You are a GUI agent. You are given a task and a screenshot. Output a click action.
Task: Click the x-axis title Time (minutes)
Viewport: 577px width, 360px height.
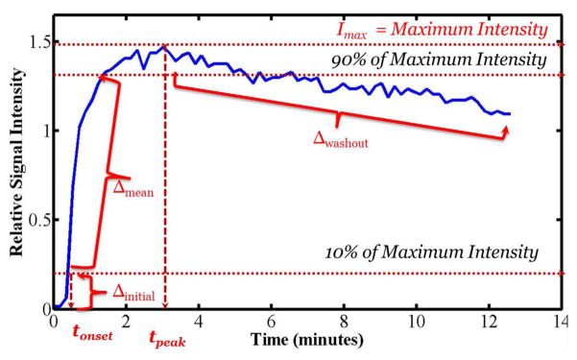[308, 340]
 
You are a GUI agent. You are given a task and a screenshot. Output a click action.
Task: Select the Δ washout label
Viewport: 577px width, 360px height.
[347, 138]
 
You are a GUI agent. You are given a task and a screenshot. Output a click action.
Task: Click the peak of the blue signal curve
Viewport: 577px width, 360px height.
[164, 46]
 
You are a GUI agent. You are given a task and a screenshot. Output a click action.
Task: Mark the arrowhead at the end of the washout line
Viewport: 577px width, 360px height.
[505, 131]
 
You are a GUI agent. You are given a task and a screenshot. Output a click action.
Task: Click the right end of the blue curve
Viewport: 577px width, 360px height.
[510, 113]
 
